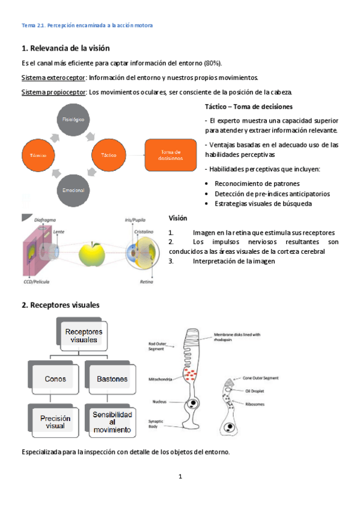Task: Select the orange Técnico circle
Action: (x=38, y=155)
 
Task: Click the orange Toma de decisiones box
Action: (x=170, y=155)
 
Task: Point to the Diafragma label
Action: (x=46, y=220)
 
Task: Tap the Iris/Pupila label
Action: (x=135, y=220)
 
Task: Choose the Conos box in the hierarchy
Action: (x=55, y=379)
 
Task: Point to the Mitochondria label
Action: (x=160, y=379)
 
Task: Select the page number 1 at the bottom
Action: (x=180, y=477)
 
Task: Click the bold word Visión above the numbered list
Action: (x=178, y=218)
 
